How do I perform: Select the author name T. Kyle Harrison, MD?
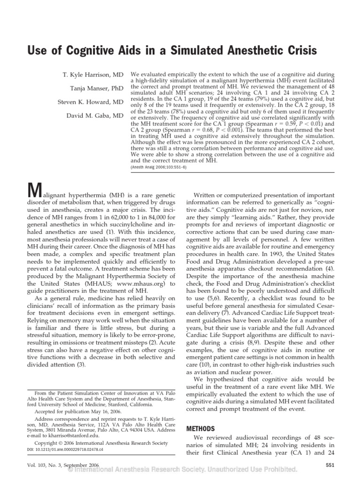point(94,75)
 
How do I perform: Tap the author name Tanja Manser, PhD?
point(97,89)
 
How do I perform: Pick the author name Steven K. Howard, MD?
point(91,102)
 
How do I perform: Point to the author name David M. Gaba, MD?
point(95,115)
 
